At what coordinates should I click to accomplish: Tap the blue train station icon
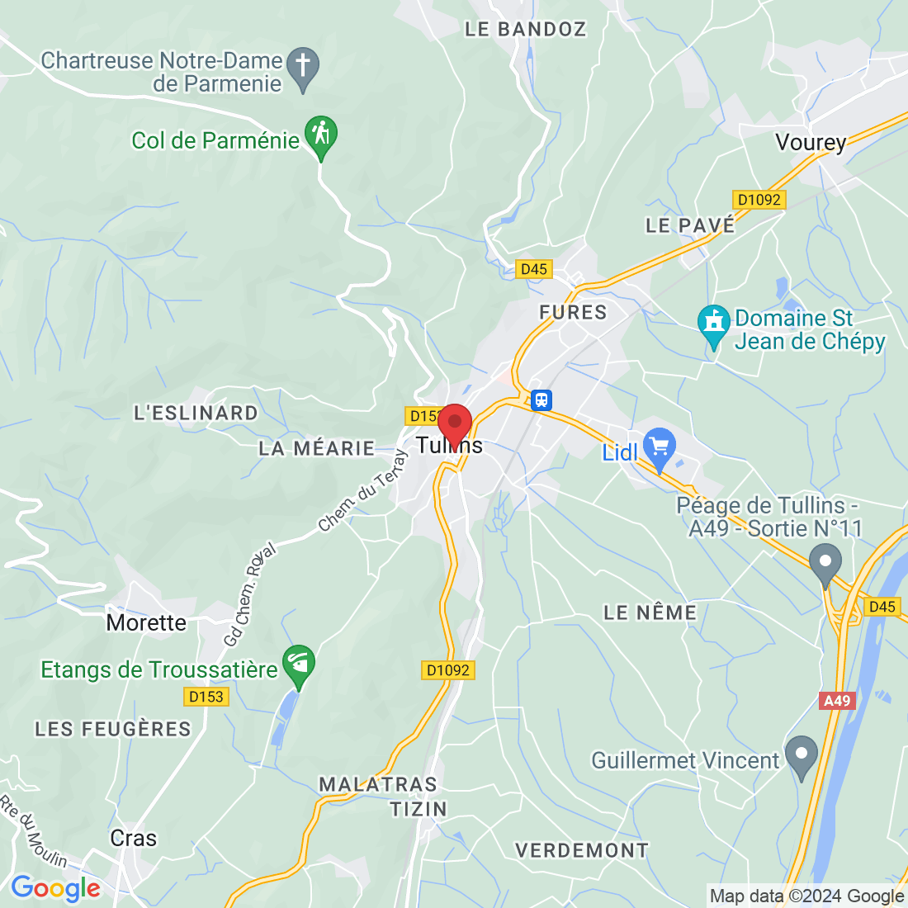click(x=541, y=400)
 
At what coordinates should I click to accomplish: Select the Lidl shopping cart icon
click(x=659, y=448)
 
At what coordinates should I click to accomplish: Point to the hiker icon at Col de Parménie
click(x=321, y=135)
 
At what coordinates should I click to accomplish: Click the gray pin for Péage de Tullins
click(x=825, y=564)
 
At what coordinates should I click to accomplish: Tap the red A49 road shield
click(x=837, y=701)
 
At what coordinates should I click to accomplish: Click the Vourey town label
click(x=811, y=143)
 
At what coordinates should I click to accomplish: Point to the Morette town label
click(x=146, y=622)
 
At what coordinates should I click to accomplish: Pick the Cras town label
click(x=133, y=839)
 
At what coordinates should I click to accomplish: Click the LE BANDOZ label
click(x=525, y=29)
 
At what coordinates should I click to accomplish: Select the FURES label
click(x=573, y=312)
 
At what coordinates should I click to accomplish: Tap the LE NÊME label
click(x=650, y=612)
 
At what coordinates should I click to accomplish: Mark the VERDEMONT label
click(x=582, y=850)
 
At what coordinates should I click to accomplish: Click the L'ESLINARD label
click(x=196, y=413)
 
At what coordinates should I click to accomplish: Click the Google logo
click(x=55, y=889)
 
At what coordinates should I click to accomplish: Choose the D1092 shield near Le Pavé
click(x=759, y=200)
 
